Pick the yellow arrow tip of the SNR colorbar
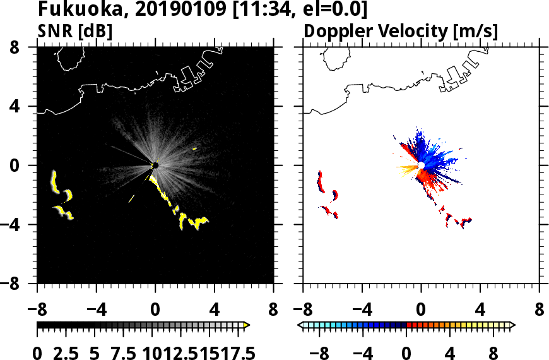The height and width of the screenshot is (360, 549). click(247, 325)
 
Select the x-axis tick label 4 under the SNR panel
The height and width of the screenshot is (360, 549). click(215, 311)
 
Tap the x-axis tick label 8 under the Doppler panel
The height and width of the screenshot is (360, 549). click(540, 311)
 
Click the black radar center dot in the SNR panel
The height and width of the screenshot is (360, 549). click(155, 165)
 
